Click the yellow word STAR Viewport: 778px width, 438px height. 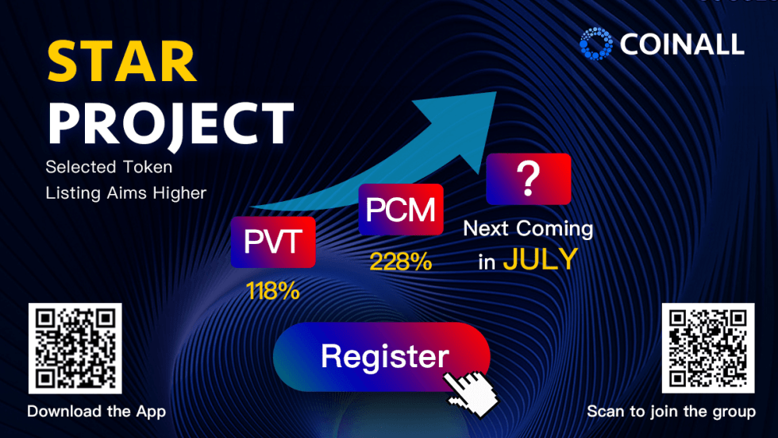(x=122, y=61)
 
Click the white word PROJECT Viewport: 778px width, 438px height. (x=171, y=124)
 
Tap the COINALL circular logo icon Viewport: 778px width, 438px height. (x=596, y=44)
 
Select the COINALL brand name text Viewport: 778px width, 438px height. (x=682, y=45)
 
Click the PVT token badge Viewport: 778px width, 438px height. (x=273, y=242)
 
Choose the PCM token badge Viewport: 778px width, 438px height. (x=401, y=209)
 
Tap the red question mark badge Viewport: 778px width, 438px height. (x=529, y=179)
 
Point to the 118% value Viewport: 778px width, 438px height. (x=273, y=291)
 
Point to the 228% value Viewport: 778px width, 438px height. (x=401, y=262)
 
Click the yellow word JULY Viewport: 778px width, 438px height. (x=541, y=259)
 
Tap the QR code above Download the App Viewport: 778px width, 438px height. (x=75, y=348)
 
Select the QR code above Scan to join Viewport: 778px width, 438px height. (x=708, y=348)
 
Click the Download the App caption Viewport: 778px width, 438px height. (x=96, y=412)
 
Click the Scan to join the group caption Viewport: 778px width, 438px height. (x=672, y=412)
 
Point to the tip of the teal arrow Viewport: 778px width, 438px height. (x=495, y=92)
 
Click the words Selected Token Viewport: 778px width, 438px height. (x=110, y=167)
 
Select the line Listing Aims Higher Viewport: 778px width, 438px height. (x=126, y=192)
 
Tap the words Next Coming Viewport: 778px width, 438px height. (x=528, y=229)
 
